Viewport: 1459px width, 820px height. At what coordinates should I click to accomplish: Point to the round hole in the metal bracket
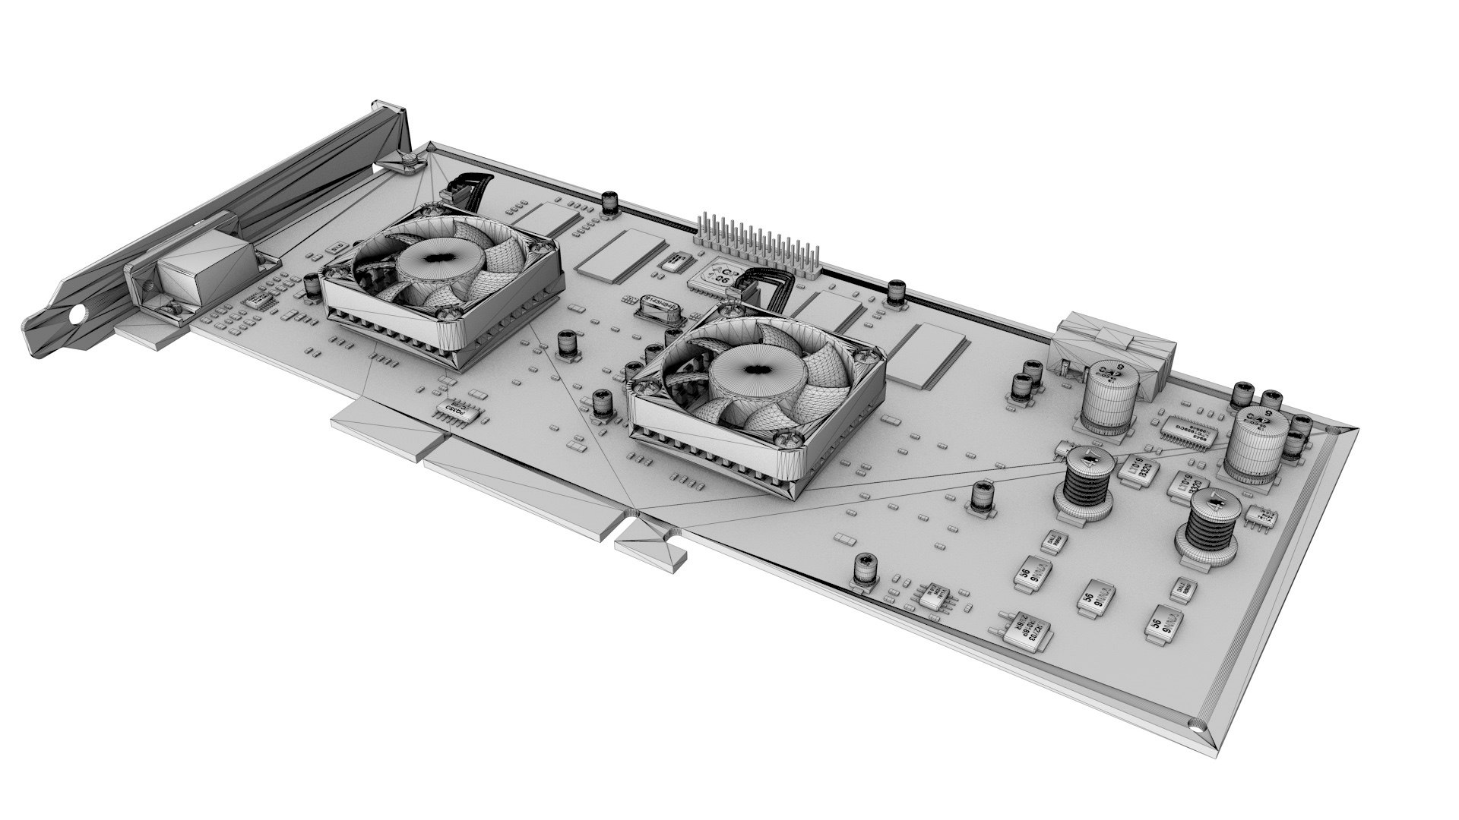(x=76, y=314)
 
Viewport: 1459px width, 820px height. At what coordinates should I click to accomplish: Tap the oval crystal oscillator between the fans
(x=659, y=307)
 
